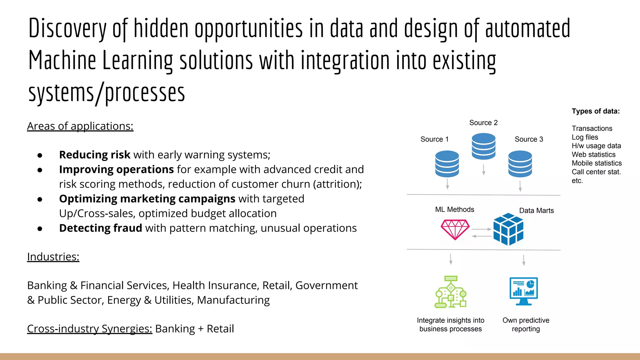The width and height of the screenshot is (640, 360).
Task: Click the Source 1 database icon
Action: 447,164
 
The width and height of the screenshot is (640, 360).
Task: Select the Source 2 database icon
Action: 483,146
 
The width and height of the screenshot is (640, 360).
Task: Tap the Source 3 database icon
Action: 520,164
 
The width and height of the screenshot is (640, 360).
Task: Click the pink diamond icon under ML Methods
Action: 455,229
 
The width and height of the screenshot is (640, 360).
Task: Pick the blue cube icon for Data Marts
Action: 508,229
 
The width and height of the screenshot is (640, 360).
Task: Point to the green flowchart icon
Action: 451,292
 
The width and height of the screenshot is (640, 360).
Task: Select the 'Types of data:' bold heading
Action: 596,111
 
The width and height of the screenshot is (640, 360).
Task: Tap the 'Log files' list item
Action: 585,137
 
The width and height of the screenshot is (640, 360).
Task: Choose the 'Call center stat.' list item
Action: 596,172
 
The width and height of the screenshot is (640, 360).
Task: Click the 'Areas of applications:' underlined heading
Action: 80,126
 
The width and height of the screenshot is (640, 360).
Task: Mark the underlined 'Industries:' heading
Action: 53,257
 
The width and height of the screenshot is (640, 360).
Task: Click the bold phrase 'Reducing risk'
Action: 94,155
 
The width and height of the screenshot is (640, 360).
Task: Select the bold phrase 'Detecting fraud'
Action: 100,228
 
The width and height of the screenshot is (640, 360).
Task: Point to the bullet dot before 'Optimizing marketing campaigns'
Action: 40,199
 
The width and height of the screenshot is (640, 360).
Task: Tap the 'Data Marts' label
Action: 536,211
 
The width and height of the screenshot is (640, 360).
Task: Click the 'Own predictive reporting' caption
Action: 526,324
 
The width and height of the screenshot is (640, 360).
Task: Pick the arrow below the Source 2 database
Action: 483,170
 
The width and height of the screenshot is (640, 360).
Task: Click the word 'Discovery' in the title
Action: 67,29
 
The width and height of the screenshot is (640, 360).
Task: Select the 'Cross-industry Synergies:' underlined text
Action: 89,329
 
